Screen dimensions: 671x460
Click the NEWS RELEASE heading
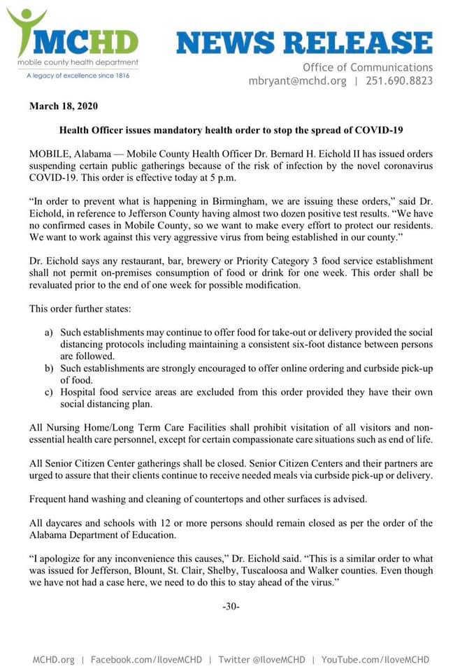[304, 43]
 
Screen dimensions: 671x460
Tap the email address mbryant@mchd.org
[297, 81]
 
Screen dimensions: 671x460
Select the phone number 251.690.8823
[401, 81]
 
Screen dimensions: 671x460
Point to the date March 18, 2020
[64, 107]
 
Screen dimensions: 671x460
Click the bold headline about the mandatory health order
[231, 130]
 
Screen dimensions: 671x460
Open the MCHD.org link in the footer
[53, 659]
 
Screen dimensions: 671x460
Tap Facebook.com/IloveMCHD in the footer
[146, 659]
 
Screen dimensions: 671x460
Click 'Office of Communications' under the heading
[368, 67]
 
